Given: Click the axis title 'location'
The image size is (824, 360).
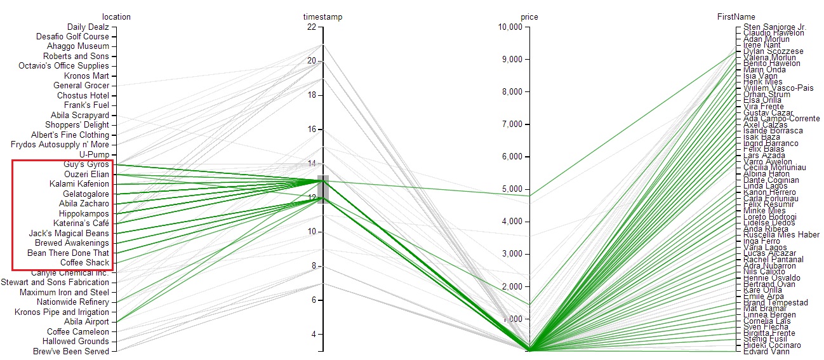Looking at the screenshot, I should (116, 17).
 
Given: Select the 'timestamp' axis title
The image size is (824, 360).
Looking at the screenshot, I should (322, 17).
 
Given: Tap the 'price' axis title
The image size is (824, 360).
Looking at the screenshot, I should (529, 17).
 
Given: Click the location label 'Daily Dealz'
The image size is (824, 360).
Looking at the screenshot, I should (88, 27).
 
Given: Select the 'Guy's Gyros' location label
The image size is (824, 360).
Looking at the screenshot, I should (86, 164).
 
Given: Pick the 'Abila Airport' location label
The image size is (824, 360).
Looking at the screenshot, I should (87, 322).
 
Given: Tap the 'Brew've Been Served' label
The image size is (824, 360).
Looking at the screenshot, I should (71, 351).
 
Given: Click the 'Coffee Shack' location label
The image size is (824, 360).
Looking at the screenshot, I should (84, 263).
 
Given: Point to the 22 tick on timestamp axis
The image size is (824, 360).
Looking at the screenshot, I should (311, 27).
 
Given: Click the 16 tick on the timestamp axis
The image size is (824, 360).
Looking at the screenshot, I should (311, 130).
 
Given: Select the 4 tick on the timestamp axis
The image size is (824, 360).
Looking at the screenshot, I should (313, 335).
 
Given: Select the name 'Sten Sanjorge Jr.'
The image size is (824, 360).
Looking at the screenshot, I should (774, 27).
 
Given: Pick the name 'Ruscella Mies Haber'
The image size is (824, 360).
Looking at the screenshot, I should (781, 235).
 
